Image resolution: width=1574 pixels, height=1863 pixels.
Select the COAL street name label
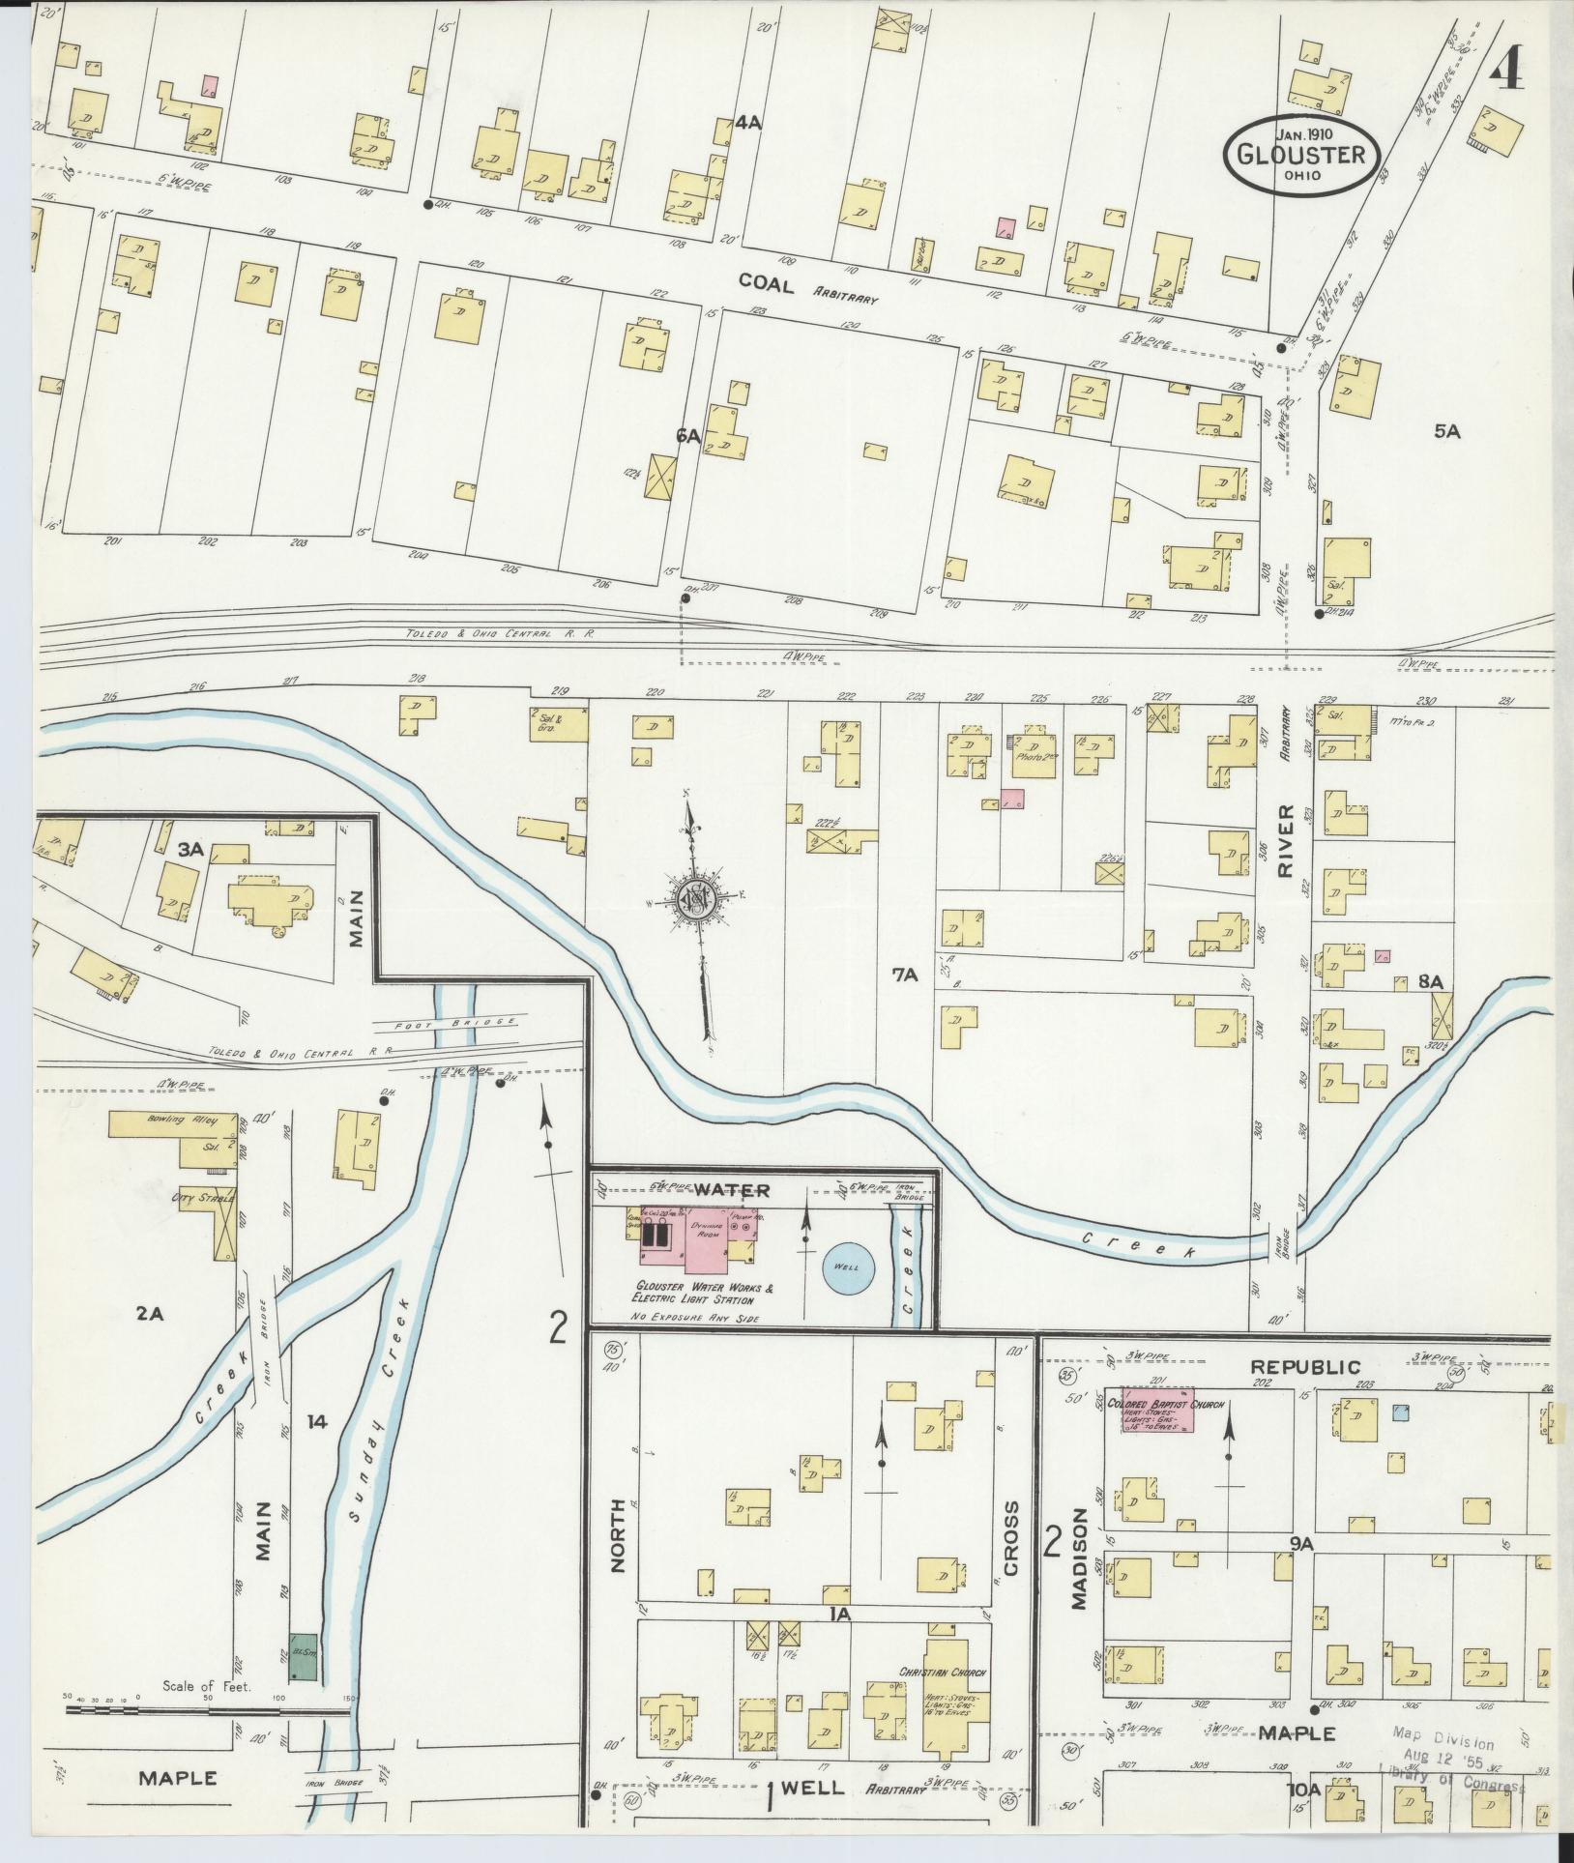click(766, 281)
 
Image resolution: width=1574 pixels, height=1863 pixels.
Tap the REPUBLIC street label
click(1305, 1366)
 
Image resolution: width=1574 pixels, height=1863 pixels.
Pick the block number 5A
click(1446, 433)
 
